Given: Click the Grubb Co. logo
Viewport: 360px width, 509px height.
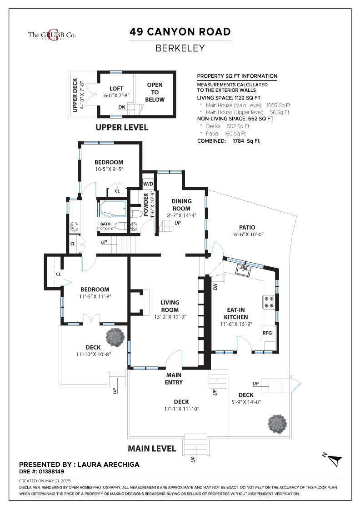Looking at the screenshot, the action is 52,35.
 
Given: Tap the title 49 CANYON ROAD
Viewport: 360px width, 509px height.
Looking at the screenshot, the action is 180,32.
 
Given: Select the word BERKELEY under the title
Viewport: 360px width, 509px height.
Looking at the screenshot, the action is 180,48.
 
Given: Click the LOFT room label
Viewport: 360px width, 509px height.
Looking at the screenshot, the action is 116,88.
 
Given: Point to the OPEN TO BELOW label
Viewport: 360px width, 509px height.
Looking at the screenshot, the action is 155,92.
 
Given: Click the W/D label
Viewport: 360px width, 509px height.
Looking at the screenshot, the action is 148,184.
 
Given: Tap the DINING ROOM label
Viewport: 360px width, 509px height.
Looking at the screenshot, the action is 181,205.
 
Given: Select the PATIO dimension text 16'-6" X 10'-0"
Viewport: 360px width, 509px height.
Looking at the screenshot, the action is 247,235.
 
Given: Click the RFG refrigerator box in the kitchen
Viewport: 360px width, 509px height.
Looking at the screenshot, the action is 267,333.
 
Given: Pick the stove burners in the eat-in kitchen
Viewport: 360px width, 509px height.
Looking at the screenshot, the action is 269,302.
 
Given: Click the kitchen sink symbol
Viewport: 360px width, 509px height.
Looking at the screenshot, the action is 244,270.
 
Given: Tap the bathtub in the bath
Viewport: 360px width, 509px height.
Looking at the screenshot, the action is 113,209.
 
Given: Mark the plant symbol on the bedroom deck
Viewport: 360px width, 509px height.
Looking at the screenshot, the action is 115,338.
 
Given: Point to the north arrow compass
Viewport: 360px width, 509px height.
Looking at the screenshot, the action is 333,459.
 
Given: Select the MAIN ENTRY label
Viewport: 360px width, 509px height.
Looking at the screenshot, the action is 174,379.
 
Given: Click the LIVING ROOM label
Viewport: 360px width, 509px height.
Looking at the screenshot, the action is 170,306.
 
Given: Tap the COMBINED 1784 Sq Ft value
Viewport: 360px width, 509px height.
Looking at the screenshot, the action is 246,141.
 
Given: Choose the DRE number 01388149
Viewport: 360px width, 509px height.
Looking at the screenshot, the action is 51,471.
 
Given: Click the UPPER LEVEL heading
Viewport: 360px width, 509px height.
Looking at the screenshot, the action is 122,127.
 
